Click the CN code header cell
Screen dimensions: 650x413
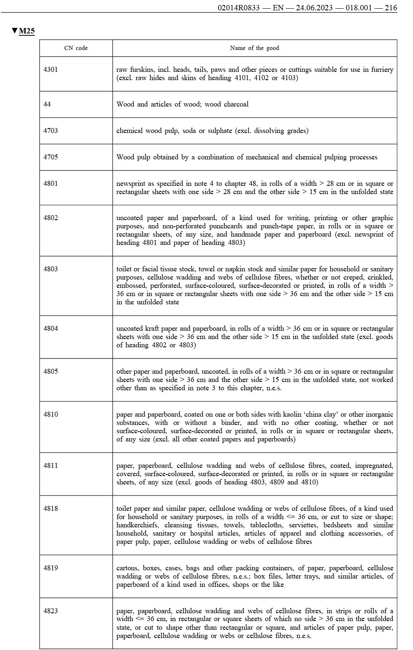(x=76, y=48)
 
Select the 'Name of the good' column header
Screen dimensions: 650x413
(x=254, y=48)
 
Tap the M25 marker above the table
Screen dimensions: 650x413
(x=26, y=31)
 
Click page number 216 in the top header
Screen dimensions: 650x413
(x=391, y=7)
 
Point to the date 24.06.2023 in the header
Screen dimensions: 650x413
(x=315, y=7)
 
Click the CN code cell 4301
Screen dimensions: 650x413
(x=50, y=69)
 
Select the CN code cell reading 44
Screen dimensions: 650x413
(x=47, y=104)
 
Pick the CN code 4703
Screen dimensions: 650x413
(x=50, y=130)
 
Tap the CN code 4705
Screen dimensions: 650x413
(x=50, y=157)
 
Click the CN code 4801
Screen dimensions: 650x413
(x=50, y=183)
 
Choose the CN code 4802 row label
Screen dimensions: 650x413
(x=50, y=218)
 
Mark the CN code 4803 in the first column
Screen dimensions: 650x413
(x=50, y=269)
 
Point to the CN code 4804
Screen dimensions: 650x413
(x=50, y=329)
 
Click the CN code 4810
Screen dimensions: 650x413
(x=50, y=415)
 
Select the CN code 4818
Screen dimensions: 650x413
(x=50, y=509)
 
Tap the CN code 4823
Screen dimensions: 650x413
(x=50, y=611)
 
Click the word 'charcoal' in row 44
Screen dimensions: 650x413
(x=236, y=104)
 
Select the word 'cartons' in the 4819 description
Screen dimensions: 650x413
(x=127, y=568)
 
